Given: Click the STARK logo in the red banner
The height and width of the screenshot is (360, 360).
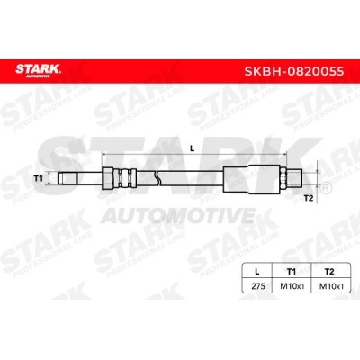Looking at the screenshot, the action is tap(39, 71).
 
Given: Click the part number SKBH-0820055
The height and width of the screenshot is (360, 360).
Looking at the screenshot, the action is tap(294, 72).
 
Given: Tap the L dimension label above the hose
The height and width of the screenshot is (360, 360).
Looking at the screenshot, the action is tap(193, 148).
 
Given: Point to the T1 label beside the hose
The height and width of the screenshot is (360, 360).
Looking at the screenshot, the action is tap(38, 179).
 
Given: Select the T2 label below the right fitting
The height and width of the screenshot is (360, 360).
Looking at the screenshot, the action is tap(309, 198).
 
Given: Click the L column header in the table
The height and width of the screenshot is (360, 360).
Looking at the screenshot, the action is tap(256, 272).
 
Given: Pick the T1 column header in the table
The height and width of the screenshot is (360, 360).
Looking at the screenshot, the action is tap(292, 272).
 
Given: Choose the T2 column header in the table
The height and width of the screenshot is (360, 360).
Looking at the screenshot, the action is tap(329, 272).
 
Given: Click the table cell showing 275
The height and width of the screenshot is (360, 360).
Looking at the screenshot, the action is tap(258, 286).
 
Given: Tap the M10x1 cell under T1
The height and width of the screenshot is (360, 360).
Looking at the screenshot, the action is tap(292, 286).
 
